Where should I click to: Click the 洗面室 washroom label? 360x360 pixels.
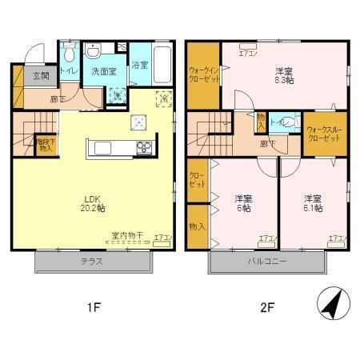[102, 71]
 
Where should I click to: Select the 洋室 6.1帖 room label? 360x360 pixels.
[313, 202]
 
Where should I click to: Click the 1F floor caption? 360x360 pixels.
[93, 306]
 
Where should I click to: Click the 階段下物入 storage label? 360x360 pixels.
[46, 145]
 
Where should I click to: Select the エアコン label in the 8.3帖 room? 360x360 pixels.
[247, 55]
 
